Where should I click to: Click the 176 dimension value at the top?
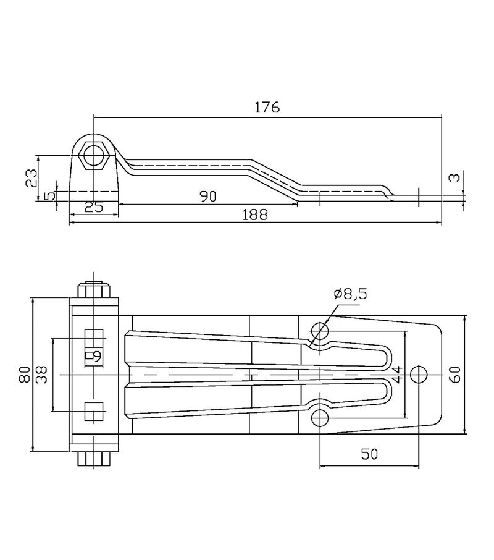point(267,107)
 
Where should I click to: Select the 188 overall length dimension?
point(254,214)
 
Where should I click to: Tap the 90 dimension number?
point(208,196)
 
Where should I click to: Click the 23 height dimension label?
point(31,178)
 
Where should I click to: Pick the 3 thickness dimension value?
point(454,177)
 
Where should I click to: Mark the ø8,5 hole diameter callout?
point(350,294)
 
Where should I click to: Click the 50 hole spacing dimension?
point(369,454)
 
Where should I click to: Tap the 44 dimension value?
point(397,375)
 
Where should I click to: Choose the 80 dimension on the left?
point(24,375)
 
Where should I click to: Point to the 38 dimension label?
point(42,375)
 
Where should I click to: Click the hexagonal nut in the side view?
point(94,156)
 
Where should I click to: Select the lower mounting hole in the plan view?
point(320,417)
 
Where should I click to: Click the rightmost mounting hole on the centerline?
point(419,375)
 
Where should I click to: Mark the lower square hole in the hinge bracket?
point(94,411)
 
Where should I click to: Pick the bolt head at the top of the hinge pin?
point(94,290)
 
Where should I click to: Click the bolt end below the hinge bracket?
point(94,459)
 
